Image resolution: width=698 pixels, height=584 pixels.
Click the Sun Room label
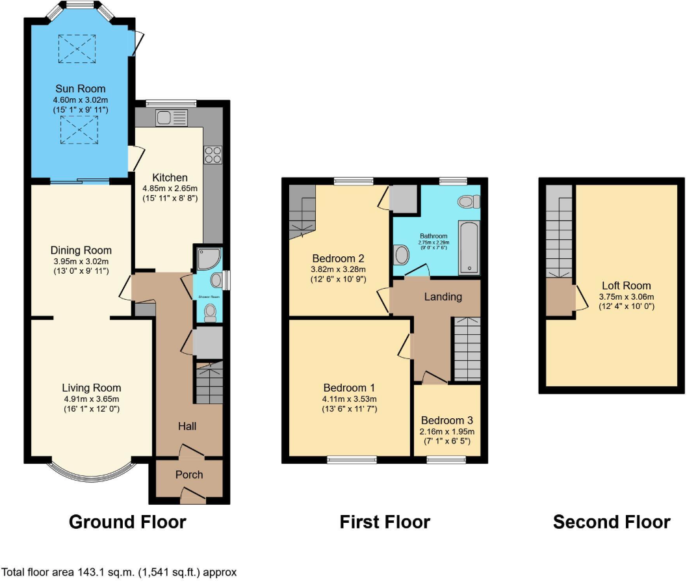80,89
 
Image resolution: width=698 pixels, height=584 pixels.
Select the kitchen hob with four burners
213,154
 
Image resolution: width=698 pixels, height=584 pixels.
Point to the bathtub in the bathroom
469,248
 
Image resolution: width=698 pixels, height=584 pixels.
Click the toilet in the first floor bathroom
468,202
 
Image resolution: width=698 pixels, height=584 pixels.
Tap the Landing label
443,297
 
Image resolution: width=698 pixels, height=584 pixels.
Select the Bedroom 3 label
446,420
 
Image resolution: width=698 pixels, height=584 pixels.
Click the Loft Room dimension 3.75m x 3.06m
626,296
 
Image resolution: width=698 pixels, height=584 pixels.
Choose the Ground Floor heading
127,522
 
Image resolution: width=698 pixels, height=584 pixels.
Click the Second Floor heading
612,522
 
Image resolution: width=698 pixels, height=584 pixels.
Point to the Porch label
189,475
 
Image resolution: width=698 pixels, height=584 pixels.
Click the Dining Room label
81,250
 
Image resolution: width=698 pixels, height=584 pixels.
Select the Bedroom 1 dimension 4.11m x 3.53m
350,399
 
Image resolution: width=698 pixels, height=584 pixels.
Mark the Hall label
188,426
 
